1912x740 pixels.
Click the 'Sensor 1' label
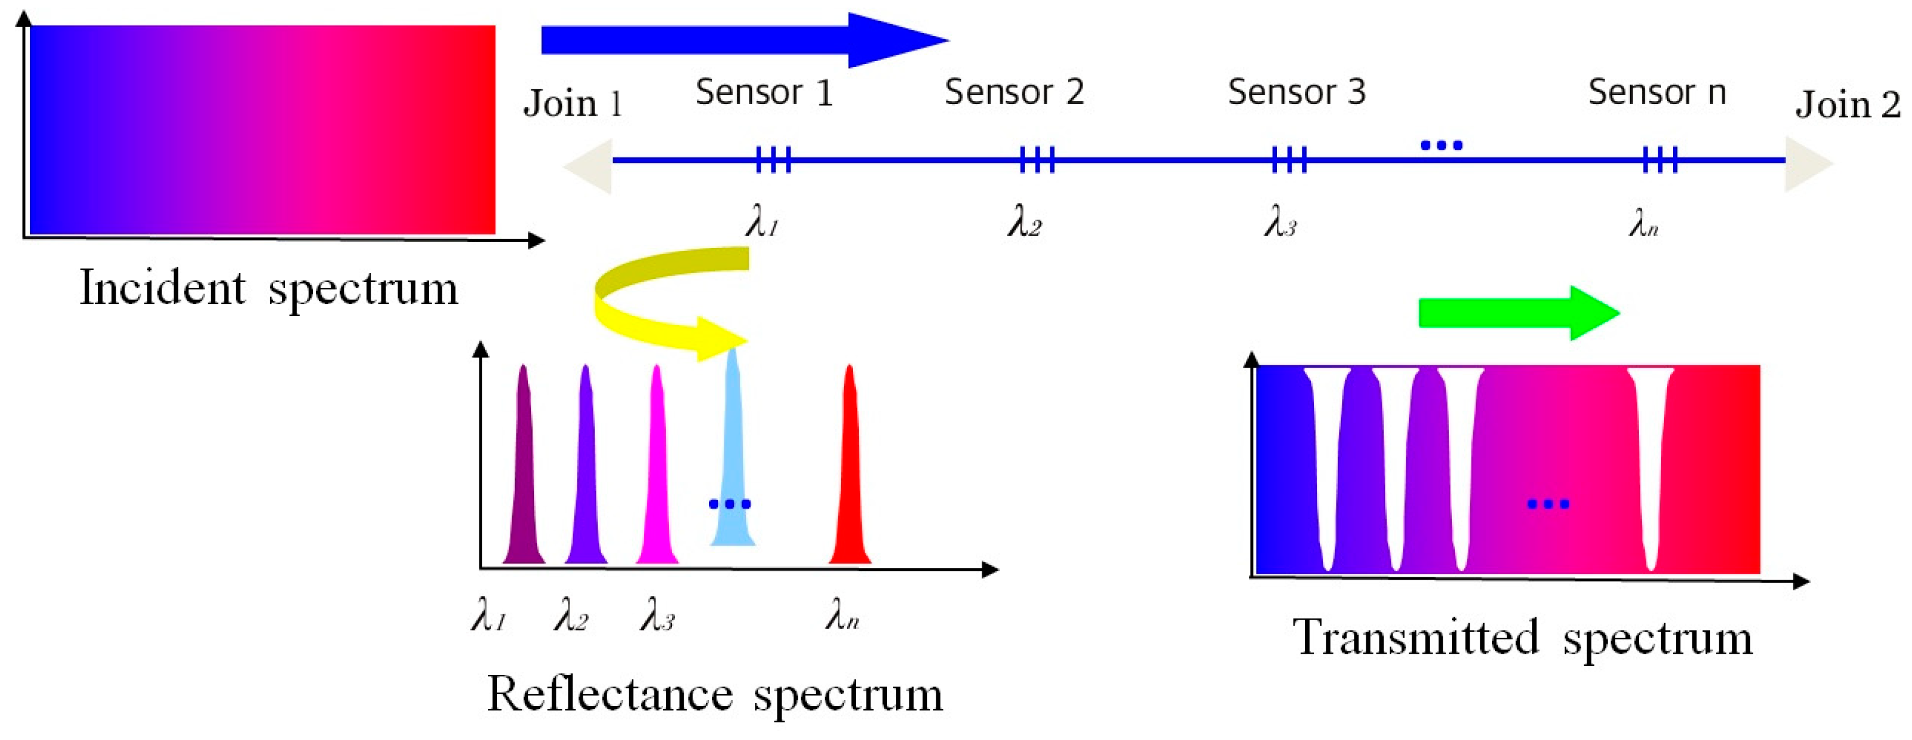(x=764, y=93)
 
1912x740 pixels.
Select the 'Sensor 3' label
(x=1296, y=93)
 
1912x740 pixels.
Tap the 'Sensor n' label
(x=1656, y=93)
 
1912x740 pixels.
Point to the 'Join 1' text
(x=572, y=103)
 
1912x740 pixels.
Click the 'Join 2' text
(x=1847, y=105)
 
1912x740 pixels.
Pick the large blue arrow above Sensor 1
(x=742, y=40)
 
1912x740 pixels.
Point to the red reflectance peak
(x=850, y=475)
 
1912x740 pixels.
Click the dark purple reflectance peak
(x=524, y=475)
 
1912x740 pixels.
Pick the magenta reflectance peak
(x=657, y=475)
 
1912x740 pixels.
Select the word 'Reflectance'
(x=609, y=694)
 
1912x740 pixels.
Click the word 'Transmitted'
(x=1414, y=637)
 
